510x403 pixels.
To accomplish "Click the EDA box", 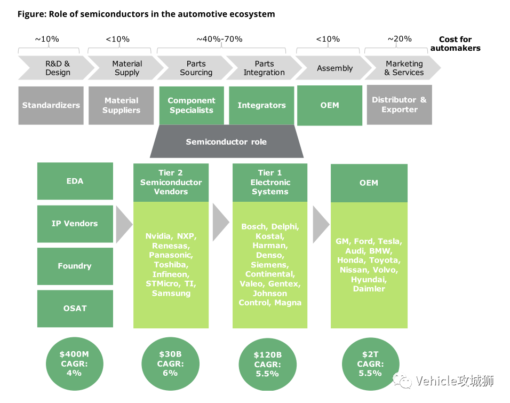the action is [75, 181].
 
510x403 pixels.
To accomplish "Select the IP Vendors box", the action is [75, 224].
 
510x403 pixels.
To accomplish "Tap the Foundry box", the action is [75, 266].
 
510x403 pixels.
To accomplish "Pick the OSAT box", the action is [75, 309].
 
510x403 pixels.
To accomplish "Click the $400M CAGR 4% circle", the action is [75, 364].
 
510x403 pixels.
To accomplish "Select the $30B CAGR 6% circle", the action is [170, 364].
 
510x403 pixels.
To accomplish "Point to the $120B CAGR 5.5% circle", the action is [267, 364].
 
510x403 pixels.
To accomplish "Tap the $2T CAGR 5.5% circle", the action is [370, 364].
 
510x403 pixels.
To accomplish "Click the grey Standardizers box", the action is [51, 106].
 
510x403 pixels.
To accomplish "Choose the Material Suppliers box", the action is [121, 106].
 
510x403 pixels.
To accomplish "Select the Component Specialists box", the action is [192, 106].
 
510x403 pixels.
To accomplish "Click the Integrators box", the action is [261, 106].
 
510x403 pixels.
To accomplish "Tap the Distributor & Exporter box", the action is [400, 105].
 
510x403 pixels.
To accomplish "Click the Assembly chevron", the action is [334, 68].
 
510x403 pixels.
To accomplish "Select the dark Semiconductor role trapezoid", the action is [227, 141].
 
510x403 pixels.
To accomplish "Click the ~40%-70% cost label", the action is [220, 39].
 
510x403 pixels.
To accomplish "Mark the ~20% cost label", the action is [400, 39].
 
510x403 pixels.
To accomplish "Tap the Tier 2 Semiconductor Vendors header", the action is [171, 183].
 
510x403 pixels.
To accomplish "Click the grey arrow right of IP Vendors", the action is [124, 224].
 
